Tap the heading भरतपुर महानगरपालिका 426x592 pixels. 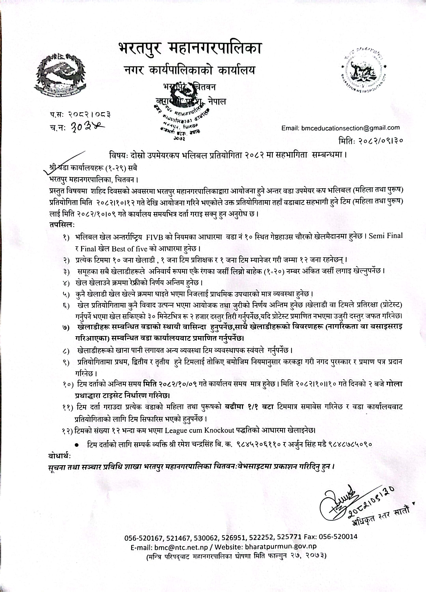[x=190, y=49]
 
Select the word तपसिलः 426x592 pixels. [x=62, y=224]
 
